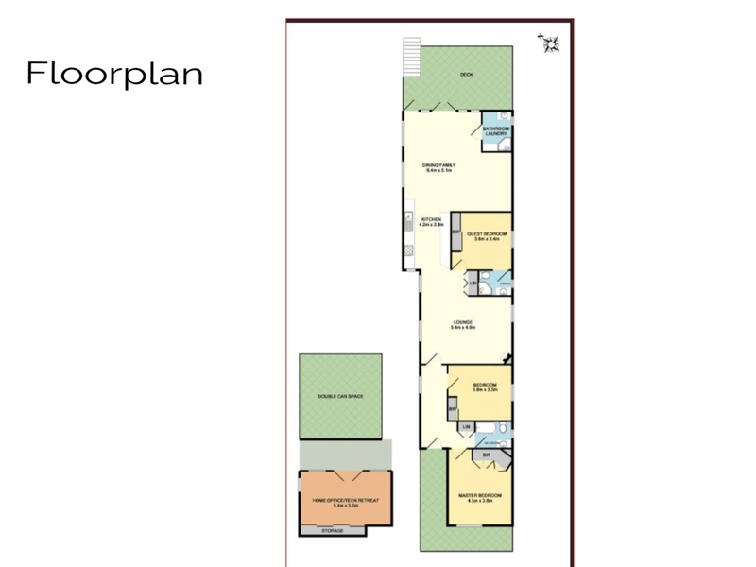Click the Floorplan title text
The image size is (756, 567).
[114, 74]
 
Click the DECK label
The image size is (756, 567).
[465, 74]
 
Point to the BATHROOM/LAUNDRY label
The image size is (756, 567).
[497, 131]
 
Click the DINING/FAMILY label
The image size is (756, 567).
[440, 167]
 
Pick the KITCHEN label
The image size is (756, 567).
[432, 222]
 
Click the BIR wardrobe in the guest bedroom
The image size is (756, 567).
[455, 241]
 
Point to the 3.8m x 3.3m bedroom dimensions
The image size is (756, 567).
[486, 390]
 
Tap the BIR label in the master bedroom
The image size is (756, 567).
[486, 455]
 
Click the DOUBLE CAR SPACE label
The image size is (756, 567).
[341, 397]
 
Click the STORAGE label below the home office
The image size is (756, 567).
[333, 531]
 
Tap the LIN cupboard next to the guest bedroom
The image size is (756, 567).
[472, 283]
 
